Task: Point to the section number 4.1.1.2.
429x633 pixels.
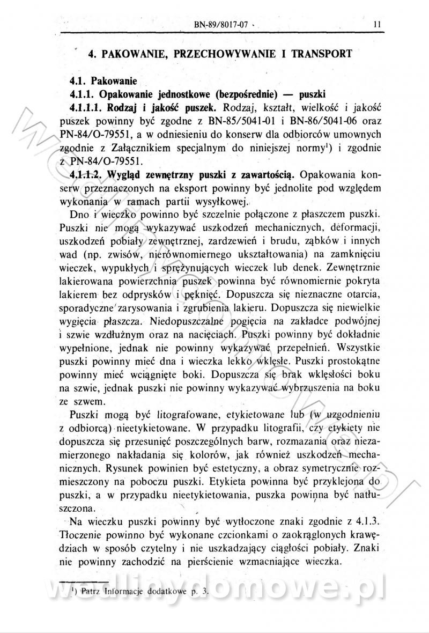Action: pyautogui.click(x=87, y=174)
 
